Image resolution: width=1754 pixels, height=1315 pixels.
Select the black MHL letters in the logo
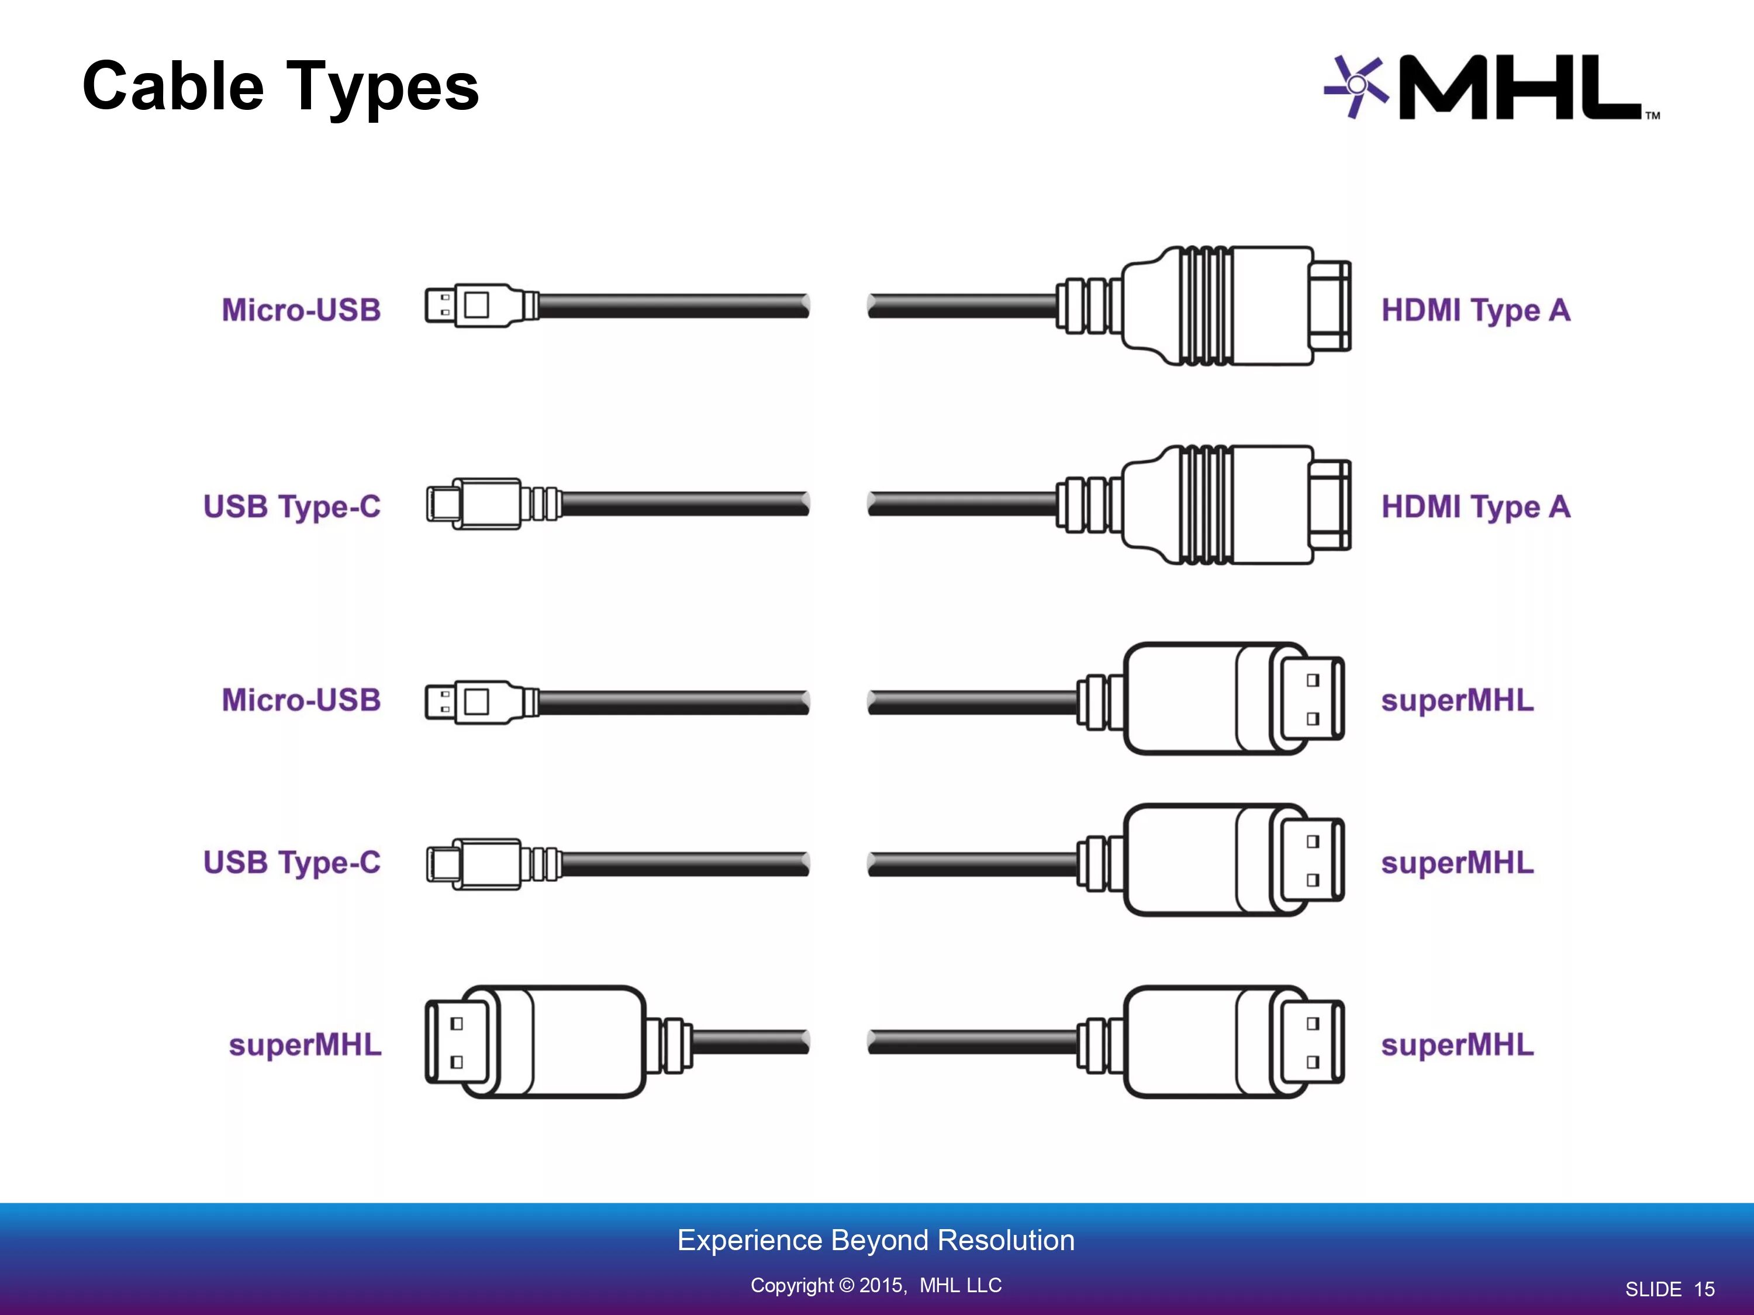pos(1518,87)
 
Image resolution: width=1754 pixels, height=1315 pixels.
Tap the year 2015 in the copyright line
pos(881,1285)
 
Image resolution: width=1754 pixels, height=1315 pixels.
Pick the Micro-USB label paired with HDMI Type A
pos(301,310)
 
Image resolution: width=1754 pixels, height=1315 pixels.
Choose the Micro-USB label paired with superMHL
pos(301,700)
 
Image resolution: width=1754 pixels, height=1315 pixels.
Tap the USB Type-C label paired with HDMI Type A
pos(292,507)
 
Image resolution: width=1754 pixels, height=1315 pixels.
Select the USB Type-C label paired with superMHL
pos(292,863)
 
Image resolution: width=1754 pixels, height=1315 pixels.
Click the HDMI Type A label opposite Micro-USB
pos(1476,310)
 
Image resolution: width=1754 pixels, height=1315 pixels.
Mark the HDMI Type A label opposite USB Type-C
pos(1476,507)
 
